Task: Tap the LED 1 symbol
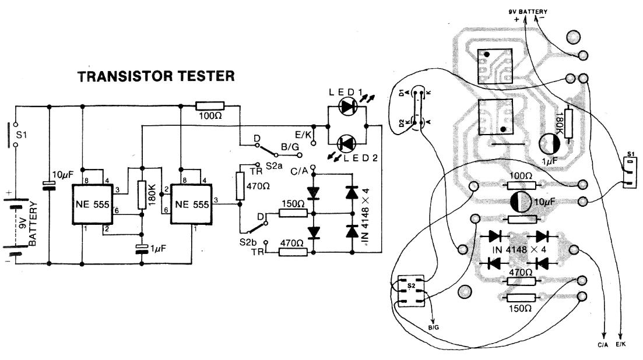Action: [x=349, y=107]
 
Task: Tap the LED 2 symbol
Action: [x=348, y=142]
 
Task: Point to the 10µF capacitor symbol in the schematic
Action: [x=48, y=185]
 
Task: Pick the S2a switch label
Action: [x=274, y=166]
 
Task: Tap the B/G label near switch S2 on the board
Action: [x=433, y=329]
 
